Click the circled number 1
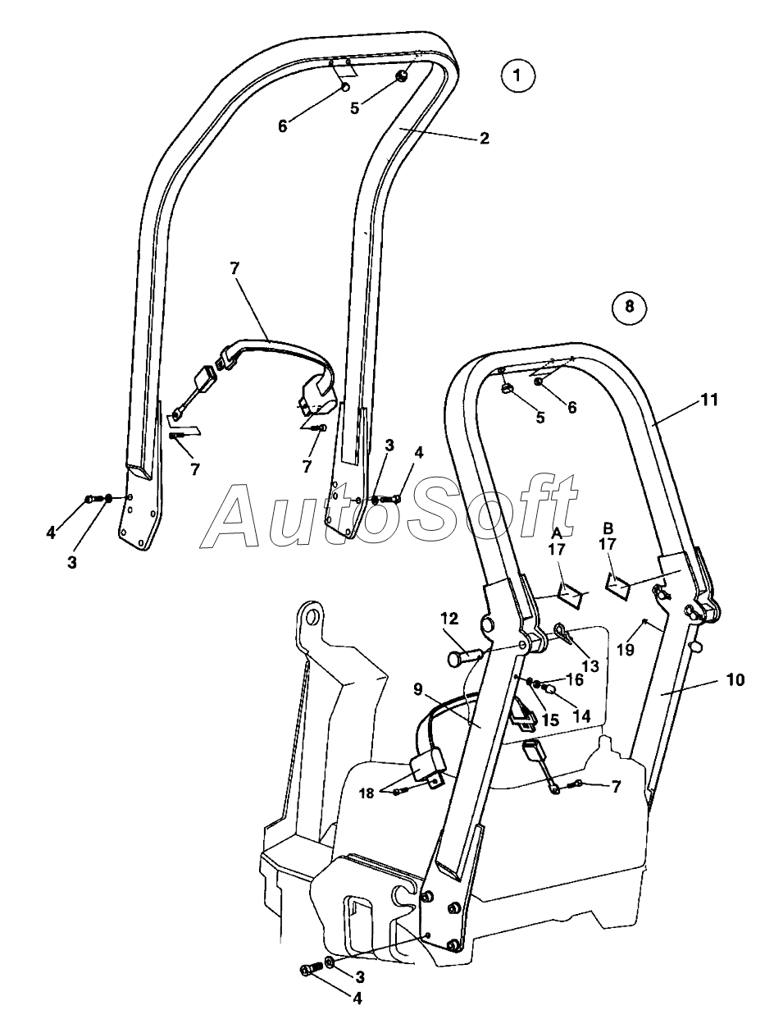[x=517, y=76]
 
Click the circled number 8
[x=629, y=307]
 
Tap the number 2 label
[x=484, y=138]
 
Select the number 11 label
[x=709, y=400]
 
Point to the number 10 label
[x=735, y=680]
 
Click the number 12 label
[x=449, y=618]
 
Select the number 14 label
[x=580, y=715]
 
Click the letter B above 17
[x=608, y=526]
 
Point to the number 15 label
[x=549, y=720]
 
